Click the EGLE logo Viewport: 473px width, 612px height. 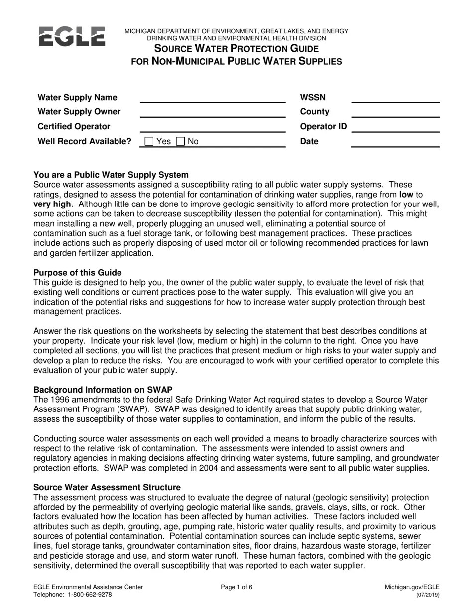(72, 36)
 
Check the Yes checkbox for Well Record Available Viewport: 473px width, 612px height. (149, 142)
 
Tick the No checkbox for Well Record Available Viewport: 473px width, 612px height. (182, 142)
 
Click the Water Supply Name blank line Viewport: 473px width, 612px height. (213, 98)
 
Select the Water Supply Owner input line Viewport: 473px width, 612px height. (213, 113)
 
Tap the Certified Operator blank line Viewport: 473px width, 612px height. (213, 127)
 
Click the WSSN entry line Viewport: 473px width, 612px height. (395, 98)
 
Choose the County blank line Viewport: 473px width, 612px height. (395, 113)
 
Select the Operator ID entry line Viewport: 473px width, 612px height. (395, 127)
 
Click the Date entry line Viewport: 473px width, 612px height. (395, 142)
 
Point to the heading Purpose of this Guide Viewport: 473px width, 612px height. (77, 273)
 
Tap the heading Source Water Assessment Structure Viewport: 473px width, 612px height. (107, 487)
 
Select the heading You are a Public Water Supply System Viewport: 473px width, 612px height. (111, 175)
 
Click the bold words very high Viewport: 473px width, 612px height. (52, 204)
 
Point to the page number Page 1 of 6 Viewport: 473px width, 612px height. (236, 587)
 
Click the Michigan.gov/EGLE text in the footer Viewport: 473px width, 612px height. (412, 587)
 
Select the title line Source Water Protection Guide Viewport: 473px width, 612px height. (236, 49)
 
